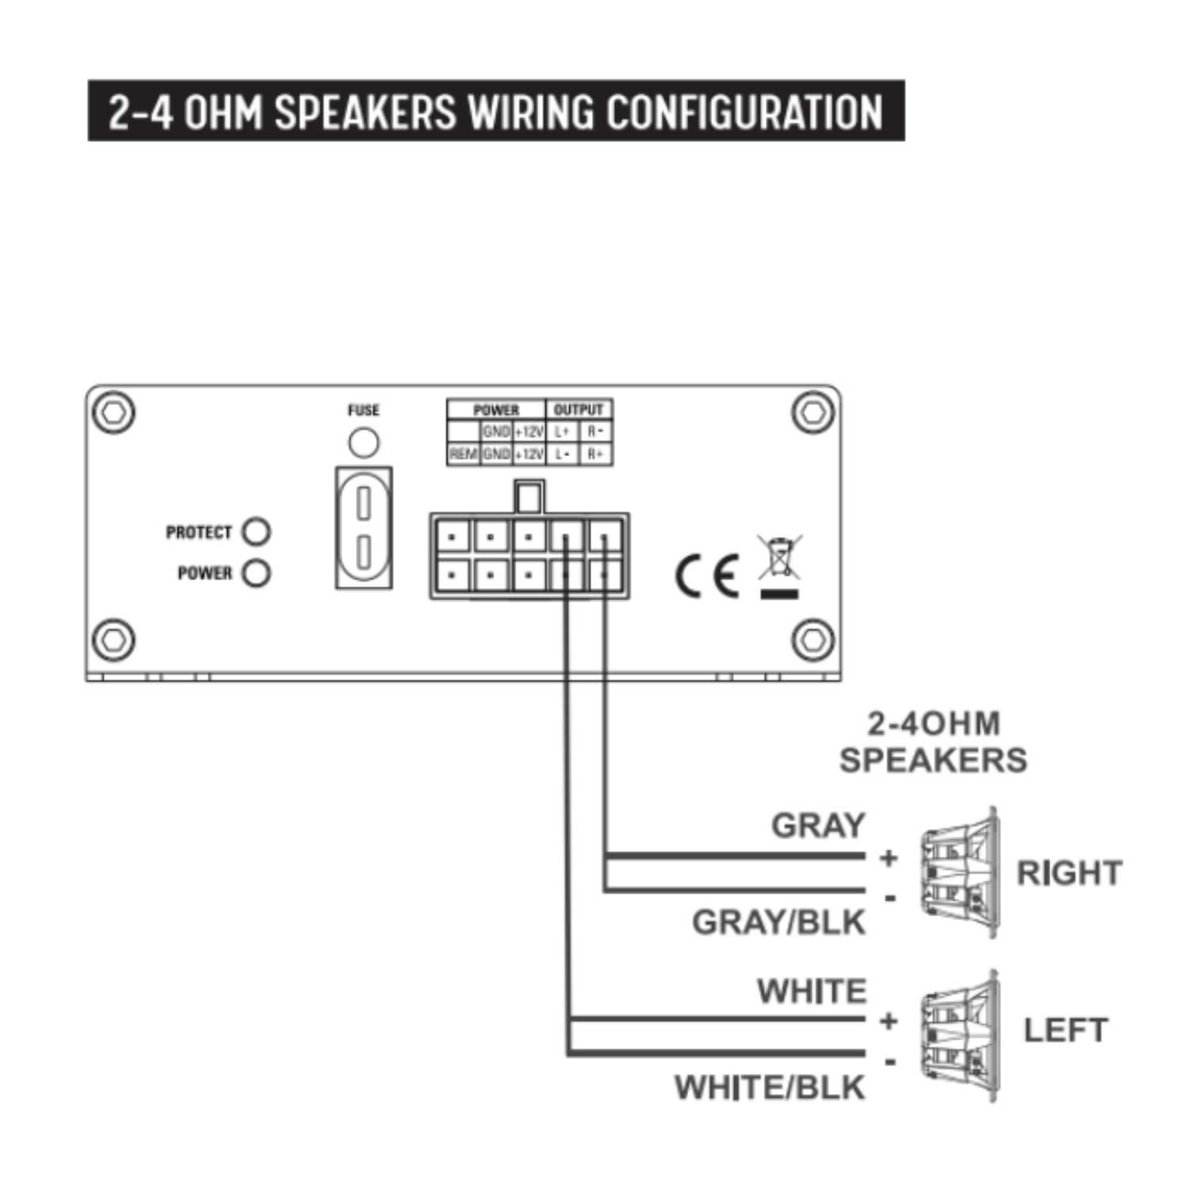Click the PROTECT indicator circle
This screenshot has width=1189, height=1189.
coord(256,531)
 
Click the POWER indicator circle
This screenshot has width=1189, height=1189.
coord(256,572)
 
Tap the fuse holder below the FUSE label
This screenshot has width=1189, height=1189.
coord(364,527)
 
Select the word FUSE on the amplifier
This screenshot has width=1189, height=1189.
coord(363,410)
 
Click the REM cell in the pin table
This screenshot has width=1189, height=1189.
coord(463,454)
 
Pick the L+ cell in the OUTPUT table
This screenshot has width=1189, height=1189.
coord(562,432)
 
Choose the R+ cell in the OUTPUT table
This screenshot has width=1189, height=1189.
coord(595,454)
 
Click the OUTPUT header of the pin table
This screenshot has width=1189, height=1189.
coord(579,410)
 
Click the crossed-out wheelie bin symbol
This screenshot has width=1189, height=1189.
coord(779,558)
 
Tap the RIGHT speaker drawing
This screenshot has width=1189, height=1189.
coord(960,873)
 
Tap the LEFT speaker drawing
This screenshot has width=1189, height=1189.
coord(960,1034)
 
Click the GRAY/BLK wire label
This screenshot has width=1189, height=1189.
coord(778,923)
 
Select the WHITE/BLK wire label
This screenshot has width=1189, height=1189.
coord(770,1088)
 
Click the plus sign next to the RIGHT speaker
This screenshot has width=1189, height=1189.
coord(889,858)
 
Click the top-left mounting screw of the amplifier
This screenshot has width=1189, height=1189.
coord(113,412)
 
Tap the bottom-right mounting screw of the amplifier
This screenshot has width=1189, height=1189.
coord(813,640)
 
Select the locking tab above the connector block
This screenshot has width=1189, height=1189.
coord(529,497)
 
